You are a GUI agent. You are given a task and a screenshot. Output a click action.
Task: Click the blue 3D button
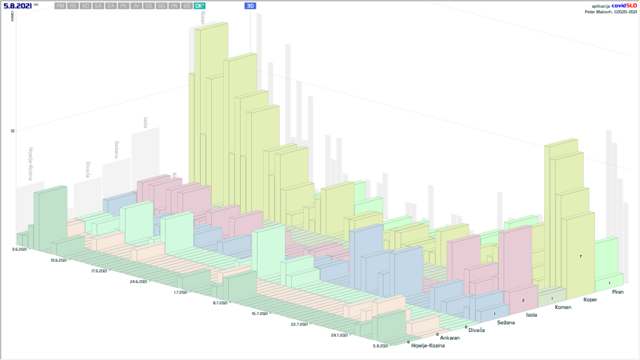pyautogui.click(x=251, y=6)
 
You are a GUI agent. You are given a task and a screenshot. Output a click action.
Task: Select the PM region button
pyautogui.click(x=60, y=6)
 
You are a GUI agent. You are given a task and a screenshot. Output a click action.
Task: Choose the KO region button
pyautogui.click(x=86, y=6)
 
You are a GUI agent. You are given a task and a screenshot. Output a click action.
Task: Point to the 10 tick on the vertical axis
pyautogui.click(x=12, y=131)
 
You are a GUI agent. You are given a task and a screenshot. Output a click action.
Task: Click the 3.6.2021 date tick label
pyautogui.click(x=19, y=249)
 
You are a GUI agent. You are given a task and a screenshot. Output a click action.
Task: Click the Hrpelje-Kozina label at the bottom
pyautogui.click(x=428, y=345)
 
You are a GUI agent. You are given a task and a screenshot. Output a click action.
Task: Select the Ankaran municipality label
pyautogui.click(x=449, y=337)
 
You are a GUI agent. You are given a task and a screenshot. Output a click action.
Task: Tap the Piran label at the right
pyautogui.click(x=617, y=291)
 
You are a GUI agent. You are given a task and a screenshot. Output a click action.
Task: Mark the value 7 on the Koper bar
pyautogui.click(x=581, y=257)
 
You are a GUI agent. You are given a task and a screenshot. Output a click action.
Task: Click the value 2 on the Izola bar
pyautogui.click(x=523, y=301)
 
